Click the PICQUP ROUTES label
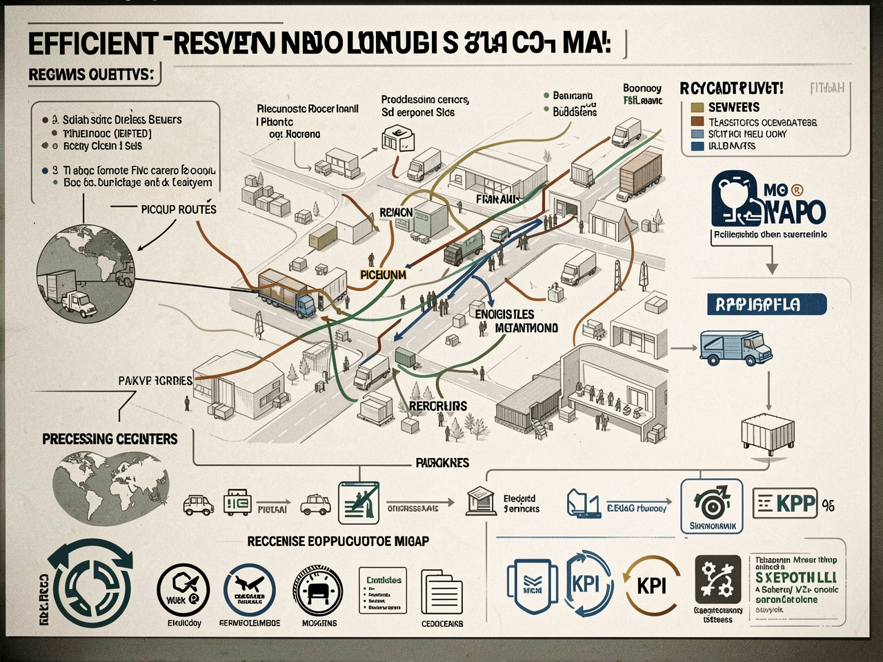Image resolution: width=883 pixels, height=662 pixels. tap(178, 209)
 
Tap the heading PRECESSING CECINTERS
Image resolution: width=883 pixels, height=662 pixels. tap(110, 439)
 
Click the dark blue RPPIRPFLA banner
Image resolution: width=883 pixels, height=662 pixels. tap(766, 304)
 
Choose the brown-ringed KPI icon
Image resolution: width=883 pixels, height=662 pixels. tap(651, 585)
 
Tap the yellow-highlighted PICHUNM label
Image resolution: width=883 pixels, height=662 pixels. tap(384, 274)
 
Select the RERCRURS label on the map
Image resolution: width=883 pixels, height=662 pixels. tap(437, 406)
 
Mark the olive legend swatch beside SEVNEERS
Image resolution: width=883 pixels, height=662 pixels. tap(697, 108)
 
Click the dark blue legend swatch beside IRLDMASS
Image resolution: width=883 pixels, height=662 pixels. tap(697, 146)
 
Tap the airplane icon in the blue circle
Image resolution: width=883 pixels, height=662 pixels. tap(249, 588)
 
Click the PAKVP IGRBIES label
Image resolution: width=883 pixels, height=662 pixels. tap(155, 381)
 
